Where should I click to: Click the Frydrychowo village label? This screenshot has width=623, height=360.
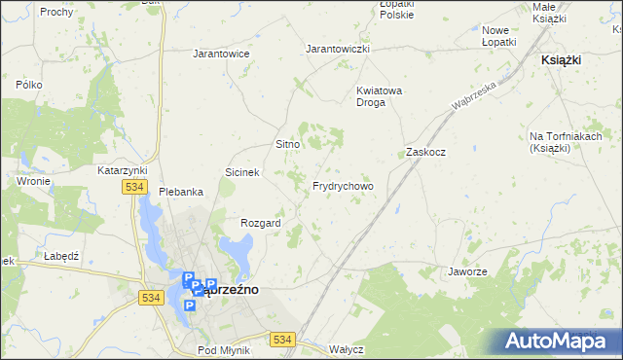[343, 186]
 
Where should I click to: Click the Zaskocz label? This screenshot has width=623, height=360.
[425, 153]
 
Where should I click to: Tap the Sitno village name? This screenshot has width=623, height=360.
[287, 144]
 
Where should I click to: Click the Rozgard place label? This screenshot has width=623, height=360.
[261, 223]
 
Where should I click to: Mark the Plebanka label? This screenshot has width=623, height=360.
[181, 192]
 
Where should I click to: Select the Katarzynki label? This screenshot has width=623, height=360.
[122, 170]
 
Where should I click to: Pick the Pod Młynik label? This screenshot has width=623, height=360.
[224, 350]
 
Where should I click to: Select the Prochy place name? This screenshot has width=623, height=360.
[56, 11]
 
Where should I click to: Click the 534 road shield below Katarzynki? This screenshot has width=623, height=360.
[134, 186]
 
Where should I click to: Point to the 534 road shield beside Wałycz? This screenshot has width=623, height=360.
[282, 339]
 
